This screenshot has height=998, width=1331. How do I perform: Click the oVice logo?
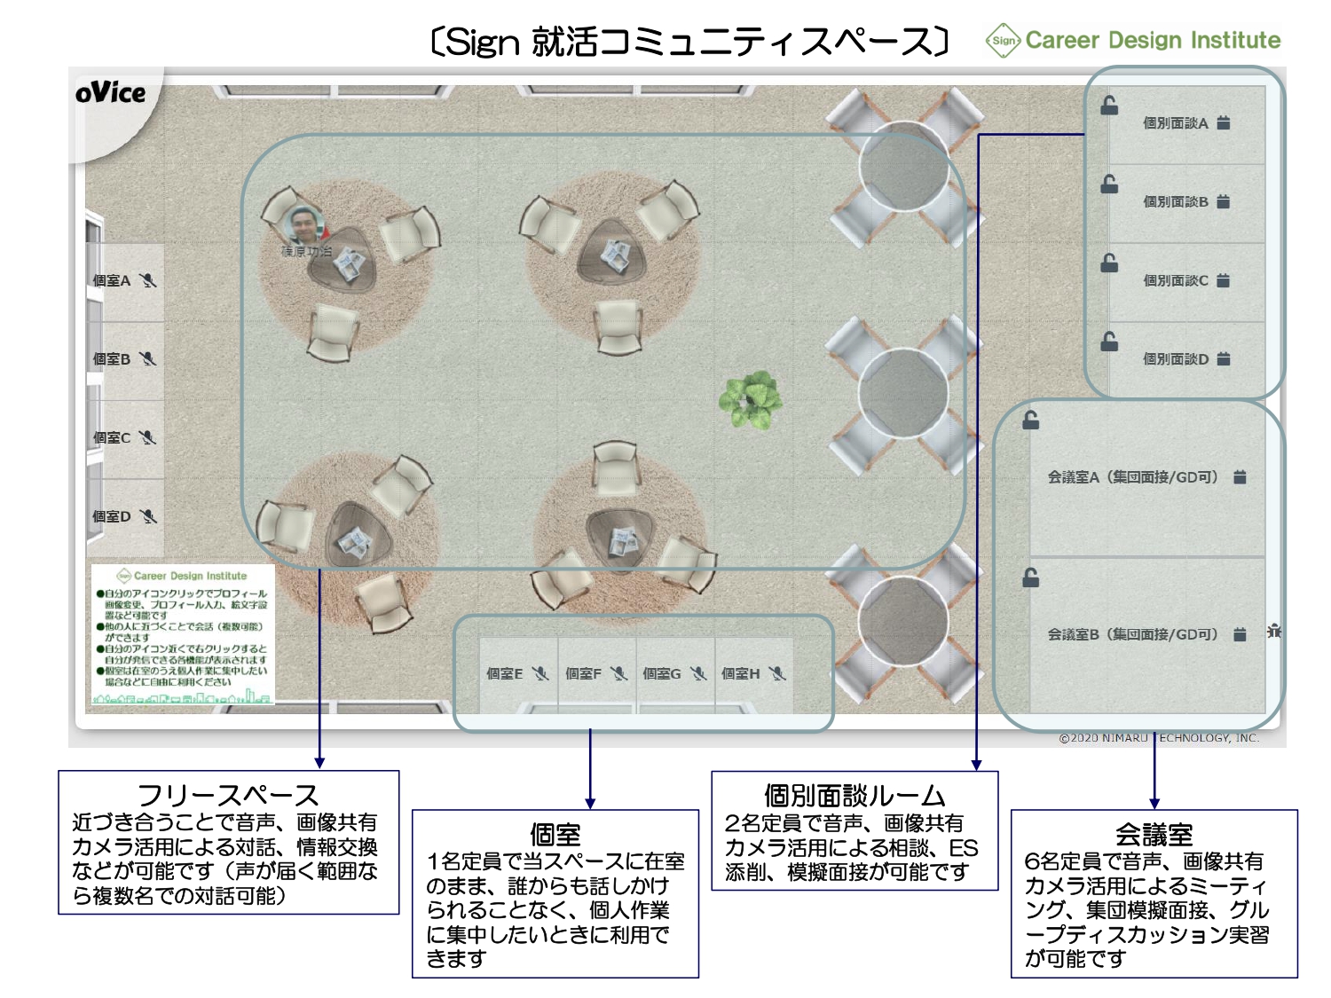(110, 93)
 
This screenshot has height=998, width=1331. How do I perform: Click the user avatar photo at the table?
(304, 225)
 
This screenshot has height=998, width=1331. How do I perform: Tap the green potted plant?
(751, 399)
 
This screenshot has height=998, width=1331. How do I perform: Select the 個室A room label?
(112, 281)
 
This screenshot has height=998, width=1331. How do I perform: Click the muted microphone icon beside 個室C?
(148, 437)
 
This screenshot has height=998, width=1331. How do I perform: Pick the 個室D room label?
(112, 516)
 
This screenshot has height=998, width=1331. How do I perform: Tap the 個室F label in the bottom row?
(583, 674)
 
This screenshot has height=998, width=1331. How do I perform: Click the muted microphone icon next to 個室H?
(778, 673)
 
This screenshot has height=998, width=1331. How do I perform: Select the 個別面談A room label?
(1175, 123)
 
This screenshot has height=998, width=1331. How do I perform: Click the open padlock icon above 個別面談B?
(1109, 185)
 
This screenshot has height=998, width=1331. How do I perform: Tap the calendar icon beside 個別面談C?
(1224, 280)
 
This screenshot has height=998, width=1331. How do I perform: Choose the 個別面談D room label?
(1175, 359)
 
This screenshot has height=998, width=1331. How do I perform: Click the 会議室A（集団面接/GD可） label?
(1132, 477)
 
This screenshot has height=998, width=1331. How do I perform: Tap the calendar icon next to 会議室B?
(1240, 634)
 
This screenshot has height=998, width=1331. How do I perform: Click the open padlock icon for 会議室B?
(1031, 578)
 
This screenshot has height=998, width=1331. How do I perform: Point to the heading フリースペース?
(228, 795)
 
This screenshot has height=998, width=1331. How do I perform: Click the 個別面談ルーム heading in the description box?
(855, 795)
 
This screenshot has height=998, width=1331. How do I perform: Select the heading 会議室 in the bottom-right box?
(1154, 834)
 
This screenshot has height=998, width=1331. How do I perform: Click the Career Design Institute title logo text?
(1153, 40)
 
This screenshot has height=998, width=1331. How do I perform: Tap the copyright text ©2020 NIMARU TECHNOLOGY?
(1158, 737)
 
